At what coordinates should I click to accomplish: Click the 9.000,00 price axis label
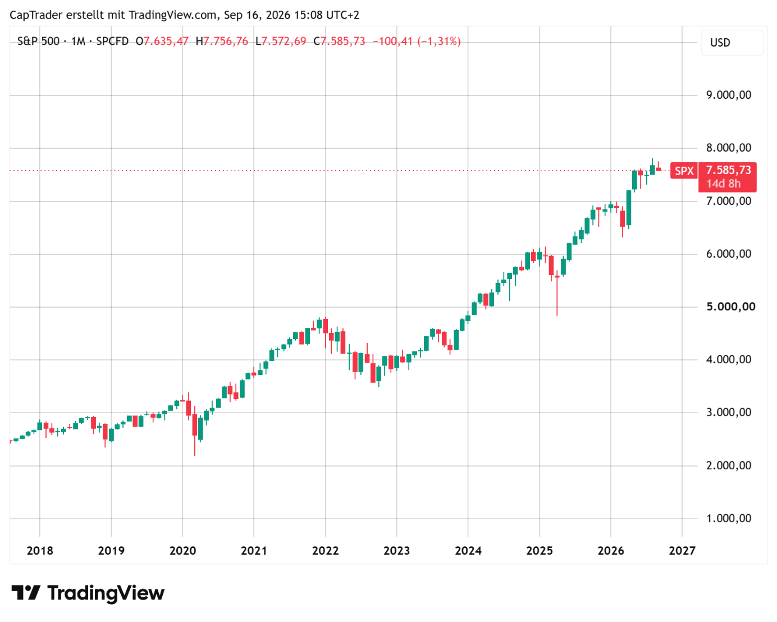point(728,95)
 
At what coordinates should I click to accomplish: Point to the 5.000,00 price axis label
point(730,307)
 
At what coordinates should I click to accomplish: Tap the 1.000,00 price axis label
point(728,518)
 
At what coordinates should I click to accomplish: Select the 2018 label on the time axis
point(40,551)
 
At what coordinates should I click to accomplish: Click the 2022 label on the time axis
point(325,551)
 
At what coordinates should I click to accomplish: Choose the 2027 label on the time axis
point(682,551)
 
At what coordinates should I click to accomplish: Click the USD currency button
point(732,43)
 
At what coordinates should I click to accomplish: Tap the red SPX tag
point(684,171)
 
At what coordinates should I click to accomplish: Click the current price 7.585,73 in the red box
point(728,170)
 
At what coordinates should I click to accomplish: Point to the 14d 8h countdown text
point(723,184)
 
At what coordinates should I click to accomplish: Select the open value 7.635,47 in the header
point(166,41)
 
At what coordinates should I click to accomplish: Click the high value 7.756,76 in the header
point(226,41)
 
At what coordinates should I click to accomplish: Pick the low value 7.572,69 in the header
point(284,41)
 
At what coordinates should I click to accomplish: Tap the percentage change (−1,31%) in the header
point(439,41)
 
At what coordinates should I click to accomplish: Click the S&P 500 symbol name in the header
point(38,41)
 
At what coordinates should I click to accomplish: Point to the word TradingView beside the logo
point(106,593)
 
